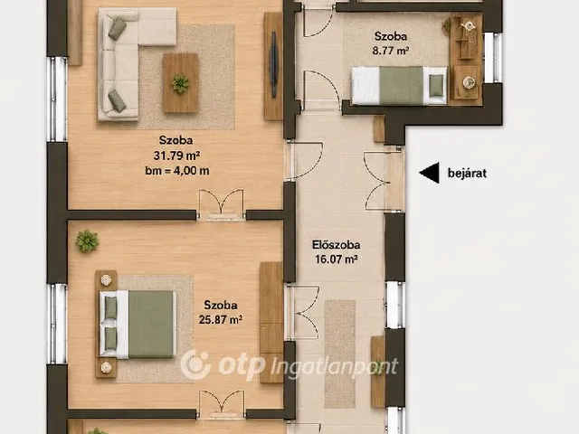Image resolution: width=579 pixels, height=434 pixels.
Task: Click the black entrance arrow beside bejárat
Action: coord(430,173)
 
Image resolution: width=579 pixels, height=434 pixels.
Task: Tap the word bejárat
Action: coord(467,173)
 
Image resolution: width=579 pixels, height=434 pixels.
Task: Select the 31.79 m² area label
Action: coord(176,156)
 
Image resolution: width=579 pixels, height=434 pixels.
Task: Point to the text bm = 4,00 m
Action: coord(177,171)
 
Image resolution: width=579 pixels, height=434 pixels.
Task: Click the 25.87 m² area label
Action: coord(221,319)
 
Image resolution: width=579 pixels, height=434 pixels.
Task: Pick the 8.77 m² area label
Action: coord(391,51)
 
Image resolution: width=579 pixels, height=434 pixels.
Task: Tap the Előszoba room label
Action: coord(336,245)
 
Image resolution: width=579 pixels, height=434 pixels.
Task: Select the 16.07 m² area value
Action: coord(336,259)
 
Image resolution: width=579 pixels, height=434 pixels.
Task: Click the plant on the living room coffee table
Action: coord(180,84)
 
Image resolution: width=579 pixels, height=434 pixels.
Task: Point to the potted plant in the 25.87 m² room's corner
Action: coord(88,241)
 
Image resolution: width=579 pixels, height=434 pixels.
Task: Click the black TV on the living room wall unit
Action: coord(273,64)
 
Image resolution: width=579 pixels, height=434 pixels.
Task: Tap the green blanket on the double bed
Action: coord(151,325)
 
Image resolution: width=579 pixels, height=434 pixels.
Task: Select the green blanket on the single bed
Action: coord(401,86)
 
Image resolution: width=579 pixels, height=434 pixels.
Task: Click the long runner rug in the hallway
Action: coord(340,354)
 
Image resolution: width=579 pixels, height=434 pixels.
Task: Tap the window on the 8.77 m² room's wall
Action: coord(493,58)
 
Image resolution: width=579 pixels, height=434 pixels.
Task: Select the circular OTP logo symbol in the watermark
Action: coord(195,365)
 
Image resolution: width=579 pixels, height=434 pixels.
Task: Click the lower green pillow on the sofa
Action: coord(118,100)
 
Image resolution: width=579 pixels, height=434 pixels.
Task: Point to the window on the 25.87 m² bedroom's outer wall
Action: coord(57,324)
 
